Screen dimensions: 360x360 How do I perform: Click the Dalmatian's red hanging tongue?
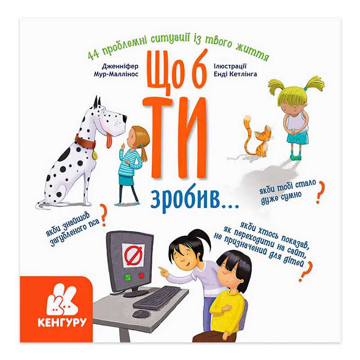pyautogui.click(x=109, y=141)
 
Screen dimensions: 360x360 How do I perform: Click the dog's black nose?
pyautogui.click(x=124, y=118)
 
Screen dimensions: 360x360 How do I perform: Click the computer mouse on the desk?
pyautogui.click(x=140, y=314)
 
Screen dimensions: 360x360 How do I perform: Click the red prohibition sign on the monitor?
pyautogui.click(x=133, y=256)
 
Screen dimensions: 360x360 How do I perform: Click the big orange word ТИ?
pyautogui.click(x=175, y=137)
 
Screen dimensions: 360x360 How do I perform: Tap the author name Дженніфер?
pyautogui.click(x=120, y=66)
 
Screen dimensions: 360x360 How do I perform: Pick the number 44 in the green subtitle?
pyautogui.click(x=94, y=56)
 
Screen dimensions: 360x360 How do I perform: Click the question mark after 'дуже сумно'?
pyautogui.click(x=320, y=193)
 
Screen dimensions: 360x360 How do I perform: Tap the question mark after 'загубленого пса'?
pyautogui.click(x=103, y=216)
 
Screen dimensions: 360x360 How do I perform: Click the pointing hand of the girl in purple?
pyautogui.click(x=163, y=272)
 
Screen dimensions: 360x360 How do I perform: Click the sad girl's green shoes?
pyautogui.click(x=296, y=157)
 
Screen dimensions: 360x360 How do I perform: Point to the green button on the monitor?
pyautogui.click(x=127, y=277)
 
